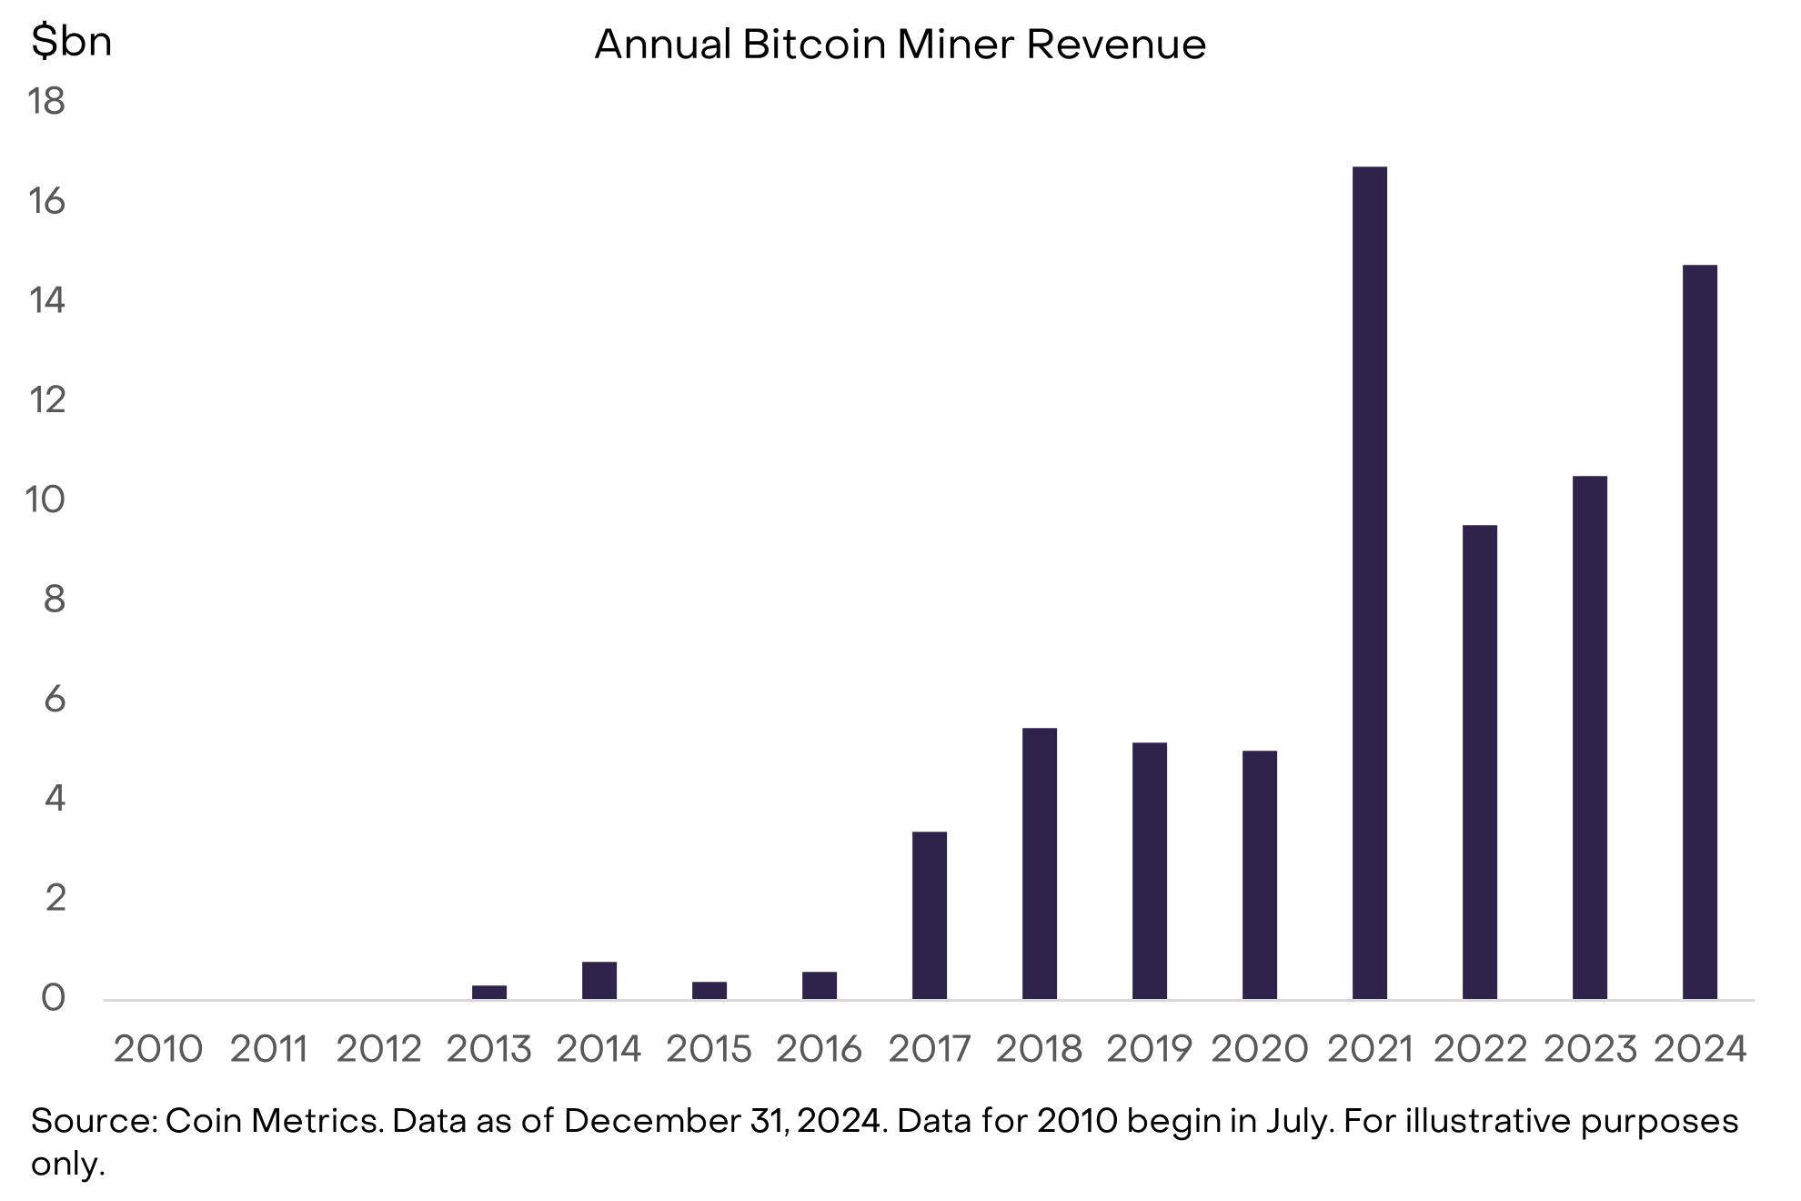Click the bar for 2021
click(x=1369, y=582)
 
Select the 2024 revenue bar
click(x=1699, y=632)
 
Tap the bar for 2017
click(x=929, y=915)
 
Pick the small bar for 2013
click(x=488, y=992)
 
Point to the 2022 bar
click(x=1479, y=762)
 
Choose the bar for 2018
click(x=1039, y=863)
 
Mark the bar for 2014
click(x=599, y=980)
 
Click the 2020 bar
click(x=1259, y=874)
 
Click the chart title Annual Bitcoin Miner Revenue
click(x=900, y=44)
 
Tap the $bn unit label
click(x=71, y=41)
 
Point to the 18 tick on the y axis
click(x=46, y=101)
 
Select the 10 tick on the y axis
click(x=45, y=500)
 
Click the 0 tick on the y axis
click(x=54, y=998)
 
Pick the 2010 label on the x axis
click(x=157, y=1049)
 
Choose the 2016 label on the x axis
click(x=819, y=1049)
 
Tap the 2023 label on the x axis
click(x=1590, y=1049)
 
